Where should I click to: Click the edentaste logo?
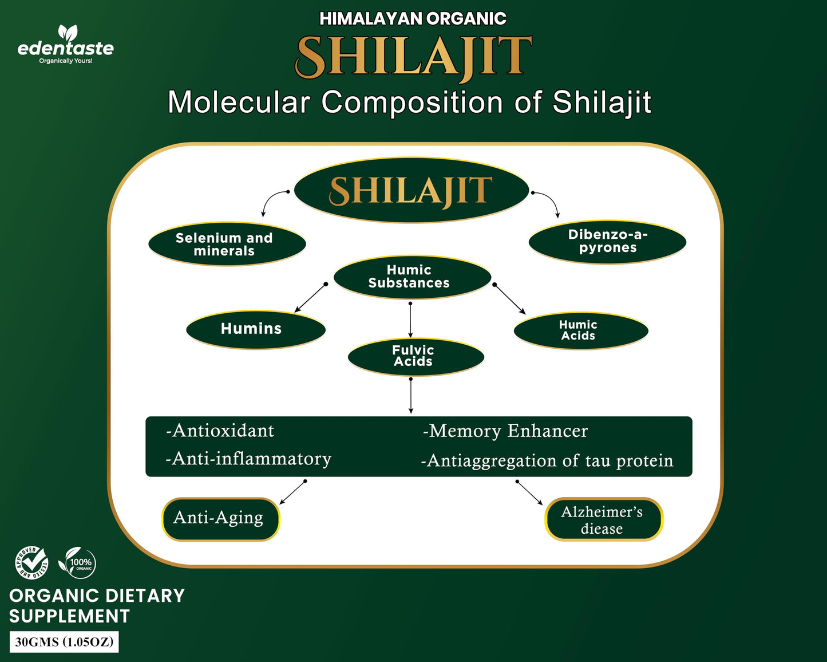pos(66,44)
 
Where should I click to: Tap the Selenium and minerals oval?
pos(227,244)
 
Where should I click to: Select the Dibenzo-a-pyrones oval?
pos(607,242)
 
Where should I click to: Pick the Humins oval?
pos(255,329)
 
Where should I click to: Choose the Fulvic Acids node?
pos(416,356)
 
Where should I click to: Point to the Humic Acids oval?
pos(580,330)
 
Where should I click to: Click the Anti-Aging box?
pos(220,519)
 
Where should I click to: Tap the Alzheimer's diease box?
pos(603,519)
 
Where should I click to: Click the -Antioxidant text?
pos(220,431)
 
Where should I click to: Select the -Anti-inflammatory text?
pos(248,459)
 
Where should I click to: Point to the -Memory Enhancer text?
pos(505,431)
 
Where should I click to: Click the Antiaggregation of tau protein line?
pos(547,460)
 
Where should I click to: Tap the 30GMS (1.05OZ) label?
pos(64,642)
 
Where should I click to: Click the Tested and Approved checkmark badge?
pos(31,562)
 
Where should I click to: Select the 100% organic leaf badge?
pos(77,562)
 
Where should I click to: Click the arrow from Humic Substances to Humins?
pos(310,298)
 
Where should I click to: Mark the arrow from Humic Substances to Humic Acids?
pos(509,298)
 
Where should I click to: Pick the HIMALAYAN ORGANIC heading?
pos(413,18)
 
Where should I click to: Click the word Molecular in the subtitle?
pos(239,103)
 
